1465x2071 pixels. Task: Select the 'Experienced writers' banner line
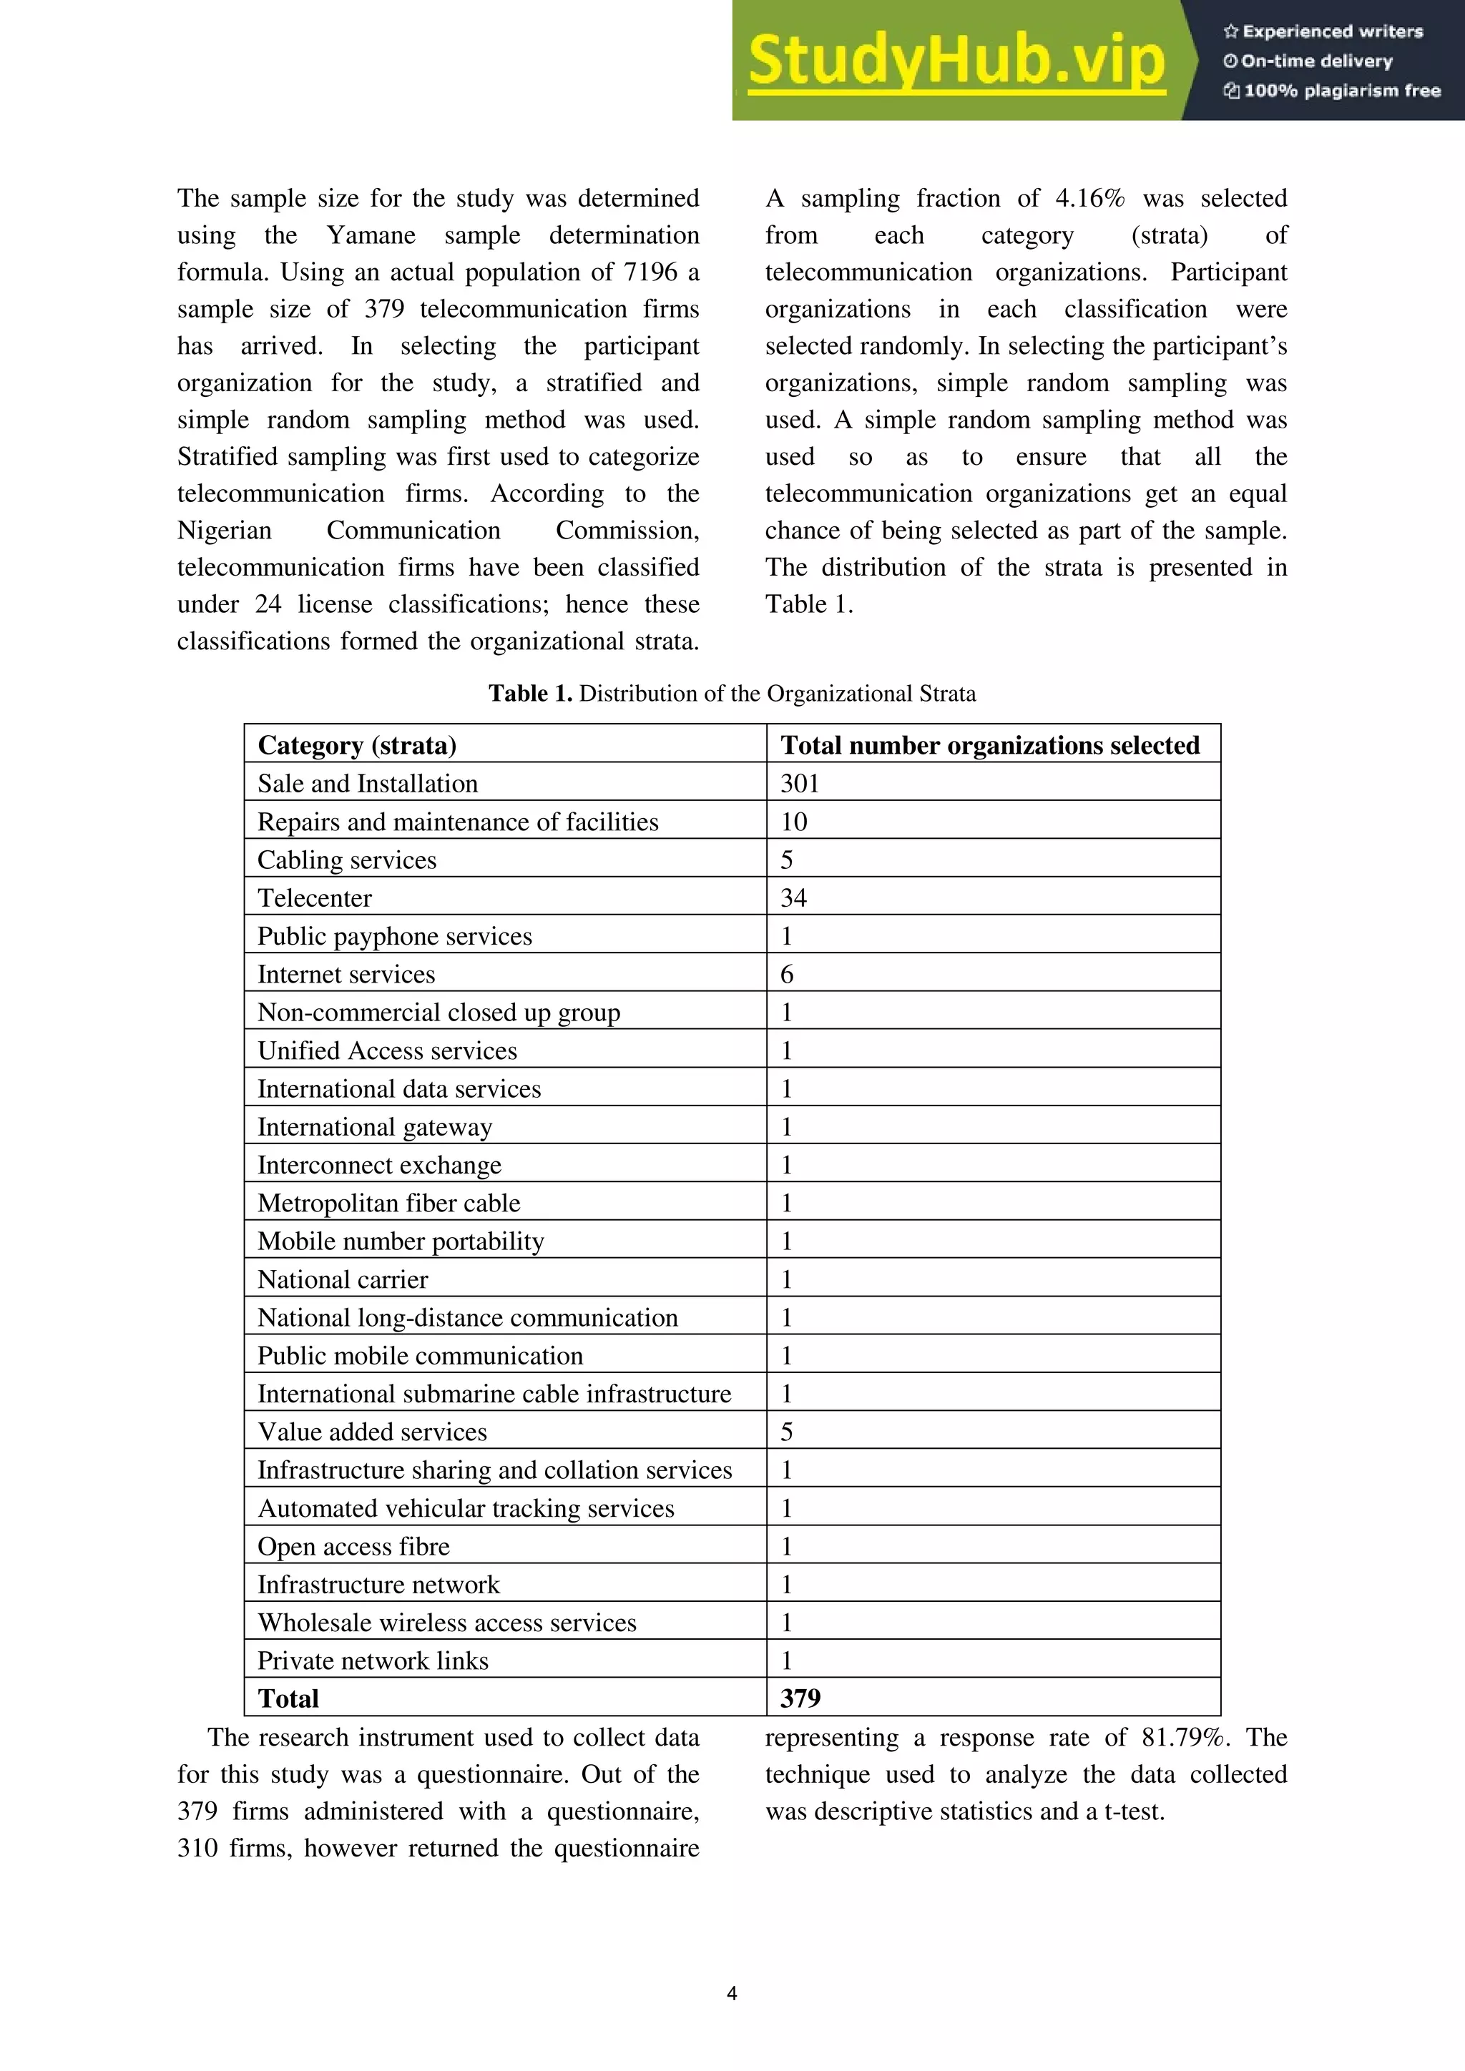1323,31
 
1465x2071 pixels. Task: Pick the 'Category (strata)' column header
357,745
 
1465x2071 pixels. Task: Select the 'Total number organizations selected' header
989,745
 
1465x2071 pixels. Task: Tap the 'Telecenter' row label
314,897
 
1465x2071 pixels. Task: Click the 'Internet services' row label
346,974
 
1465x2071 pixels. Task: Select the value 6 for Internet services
787,974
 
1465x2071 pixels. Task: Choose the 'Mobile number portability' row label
401,1241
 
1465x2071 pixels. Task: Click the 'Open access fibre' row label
353,1546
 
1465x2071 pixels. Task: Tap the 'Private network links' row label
373,1661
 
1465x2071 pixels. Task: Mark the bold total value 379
800,1698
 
